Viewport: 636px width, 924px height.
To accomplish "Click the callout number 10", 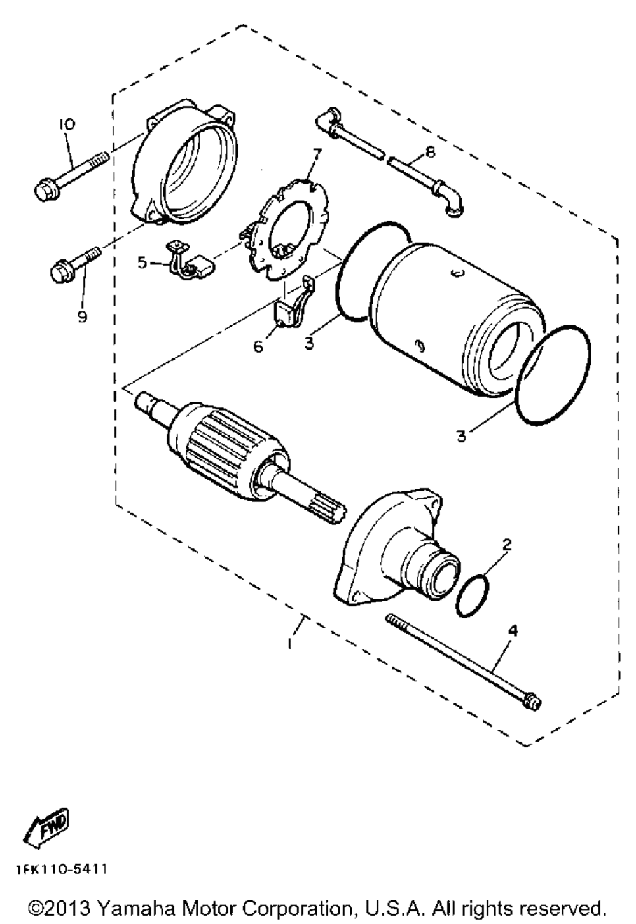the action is (x=66, y=124).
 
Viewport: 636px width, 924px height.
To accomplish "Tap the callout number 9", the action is (x=82, y=316).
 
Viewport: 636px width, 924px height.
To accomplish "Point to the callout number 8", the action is (x=430, y=153).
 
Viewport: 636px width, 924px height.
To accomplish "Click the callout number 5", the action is (x=142, y=262).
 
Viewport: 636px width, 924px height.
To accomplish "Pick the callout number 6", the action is (x=258, y=346).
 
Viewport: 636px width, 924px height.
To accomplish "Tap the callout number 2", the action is (x=507, y=545).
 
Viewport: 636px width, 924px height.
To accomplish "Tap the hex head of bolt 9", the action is (x=60, y=272).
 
